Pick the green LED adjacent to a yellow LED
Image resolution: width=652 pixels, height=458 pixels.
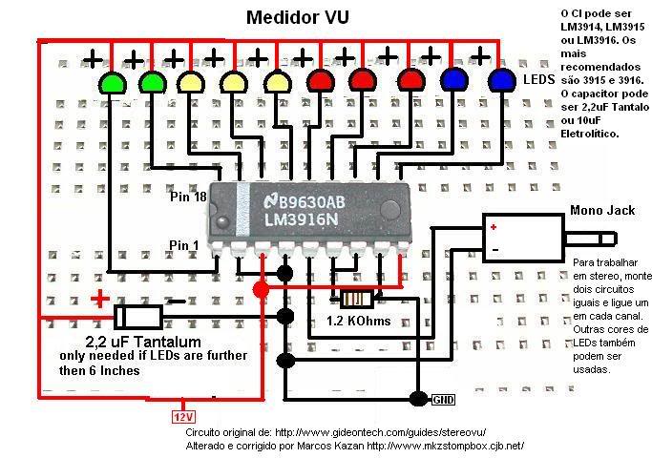click(x=153, y=83)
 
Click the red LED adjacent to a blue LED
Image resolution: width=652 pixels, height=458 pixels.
click(x=410, y=83)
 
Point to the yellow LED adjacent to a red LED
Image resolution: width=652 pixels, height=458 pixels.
click(x=277, y=83)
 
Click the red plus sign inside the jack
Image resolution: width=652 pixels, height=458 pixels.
click(x=494, y=227)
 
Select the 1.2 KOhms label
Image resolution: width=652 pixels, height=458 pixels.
click(x=359, y=322)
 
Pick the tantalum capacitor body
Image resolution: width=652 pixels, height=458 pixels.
click(x=139, y=316)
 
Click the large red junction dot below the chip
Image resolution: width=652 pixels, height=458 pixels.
click(x=260, y=288)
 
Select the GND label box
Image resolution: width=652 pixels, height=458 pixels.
click(x=445, y=398)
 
